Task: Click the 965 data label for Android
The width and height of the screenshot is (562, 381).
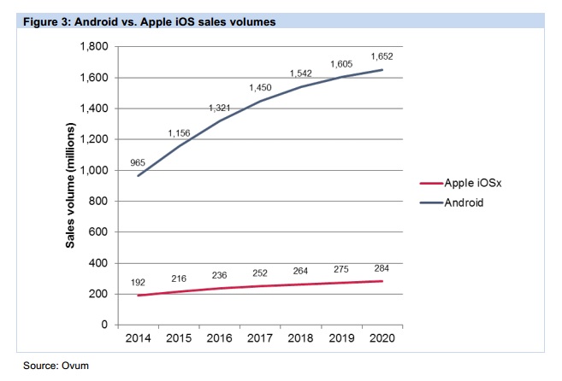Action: click(138, 162)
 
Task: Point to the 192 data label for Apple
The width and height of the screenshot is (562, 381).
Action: click(139, 281)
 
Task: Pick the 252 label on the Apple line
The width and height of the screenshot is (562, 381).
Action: click(260, 273)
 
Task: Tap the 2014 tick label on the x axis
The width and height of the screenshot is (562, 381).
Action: click(139, 339)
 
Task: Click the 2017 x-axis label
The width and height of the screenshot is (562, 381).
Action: click(260, 339)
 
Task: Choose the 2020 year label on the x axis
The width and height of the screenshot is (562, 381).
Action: click(382, 339)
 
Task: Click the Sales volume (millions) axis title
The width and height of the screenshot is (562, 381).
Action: click(72, 186)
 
